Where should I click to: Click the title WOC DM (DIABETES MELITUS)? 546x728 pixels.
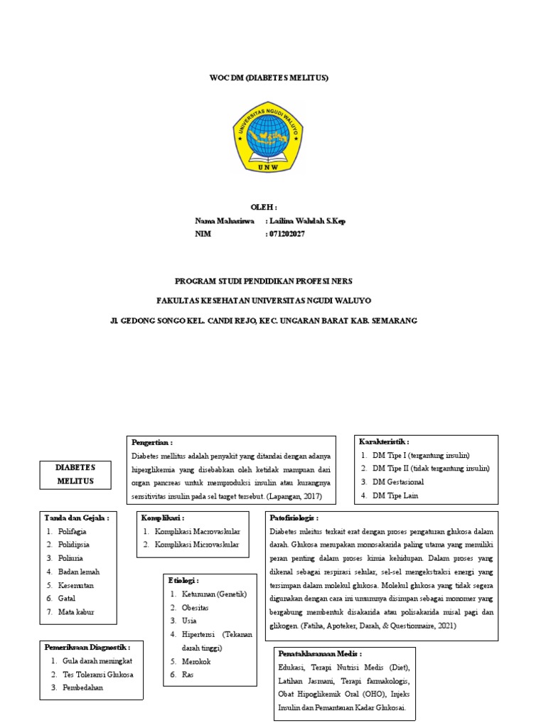273,77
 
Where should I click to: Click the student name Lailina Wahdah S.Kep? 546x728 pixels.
306,221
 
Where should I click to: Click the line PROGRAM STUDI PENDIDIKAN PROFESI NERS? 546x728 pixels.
263,281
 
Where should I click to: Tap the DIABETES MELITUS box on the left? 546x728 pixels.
75,474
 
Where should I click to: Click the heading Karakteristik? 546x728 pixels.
385,441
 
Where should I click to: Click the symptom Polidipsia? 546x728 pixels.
74,545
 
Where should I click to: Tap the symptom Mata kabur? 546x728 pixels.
76,611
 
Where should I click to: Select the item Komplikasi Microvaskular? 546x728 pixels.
197,545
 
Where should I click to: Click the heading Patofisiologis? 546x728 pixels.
294,518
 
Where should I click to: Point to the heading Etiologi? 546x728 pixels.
184,580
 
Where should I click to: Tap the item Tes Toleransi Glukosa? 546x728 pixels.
97,674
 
